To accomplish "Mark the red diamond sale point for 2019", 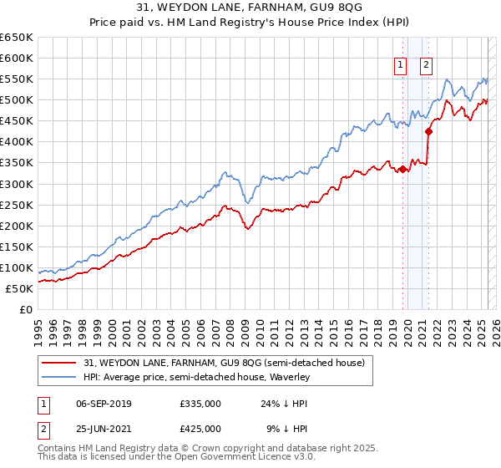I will (402, 169).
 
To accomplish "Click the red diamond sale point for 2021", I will (428, 130).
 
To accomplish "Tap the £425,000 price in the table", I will (200, 429).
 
